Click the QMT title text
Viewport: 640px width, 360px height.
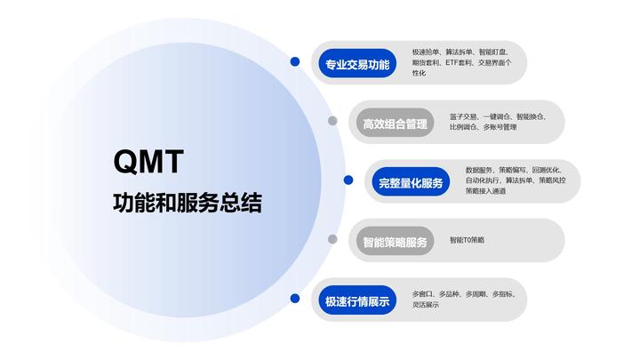click(148, 162)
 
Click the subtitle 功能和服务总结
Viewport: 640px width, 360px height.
click(187, 203)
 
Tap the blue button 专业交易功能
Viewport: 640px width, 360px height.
click(355, 64)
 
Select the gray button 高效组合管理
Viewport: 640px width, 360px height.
click(395, 124)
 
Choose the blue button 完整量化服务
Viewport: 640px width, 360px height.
click(410, 183)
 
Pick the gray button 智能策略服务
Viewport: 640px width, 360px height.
click(395, 242)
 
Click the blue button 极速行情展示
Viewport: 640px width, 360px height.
click(356, 300)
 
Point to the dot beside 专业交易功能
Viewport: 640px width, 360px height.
click(295, 62)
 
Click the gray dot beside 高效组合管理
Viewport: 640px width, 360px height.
click(332, 121)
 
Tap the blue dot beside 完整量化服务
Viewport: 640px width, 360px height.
click(348, 180)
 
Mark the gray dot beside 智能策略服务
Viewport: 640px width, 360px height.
click(332, 239)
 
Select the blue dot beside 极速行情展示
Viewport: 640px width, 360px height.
click(295, 299)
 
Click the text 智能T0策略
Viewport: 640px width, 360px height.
click(468, 240)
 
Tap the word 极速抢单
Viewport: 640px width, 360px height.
click(427, 52)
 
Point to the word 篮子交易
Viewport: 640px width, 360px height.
click(464, 116)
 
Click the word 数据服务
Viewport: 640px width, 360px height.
click(480, 170)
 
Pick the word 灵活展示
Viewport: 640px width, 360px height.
click(426, 305)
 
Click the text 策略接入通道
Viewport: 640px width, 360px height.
click(485, 191)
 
